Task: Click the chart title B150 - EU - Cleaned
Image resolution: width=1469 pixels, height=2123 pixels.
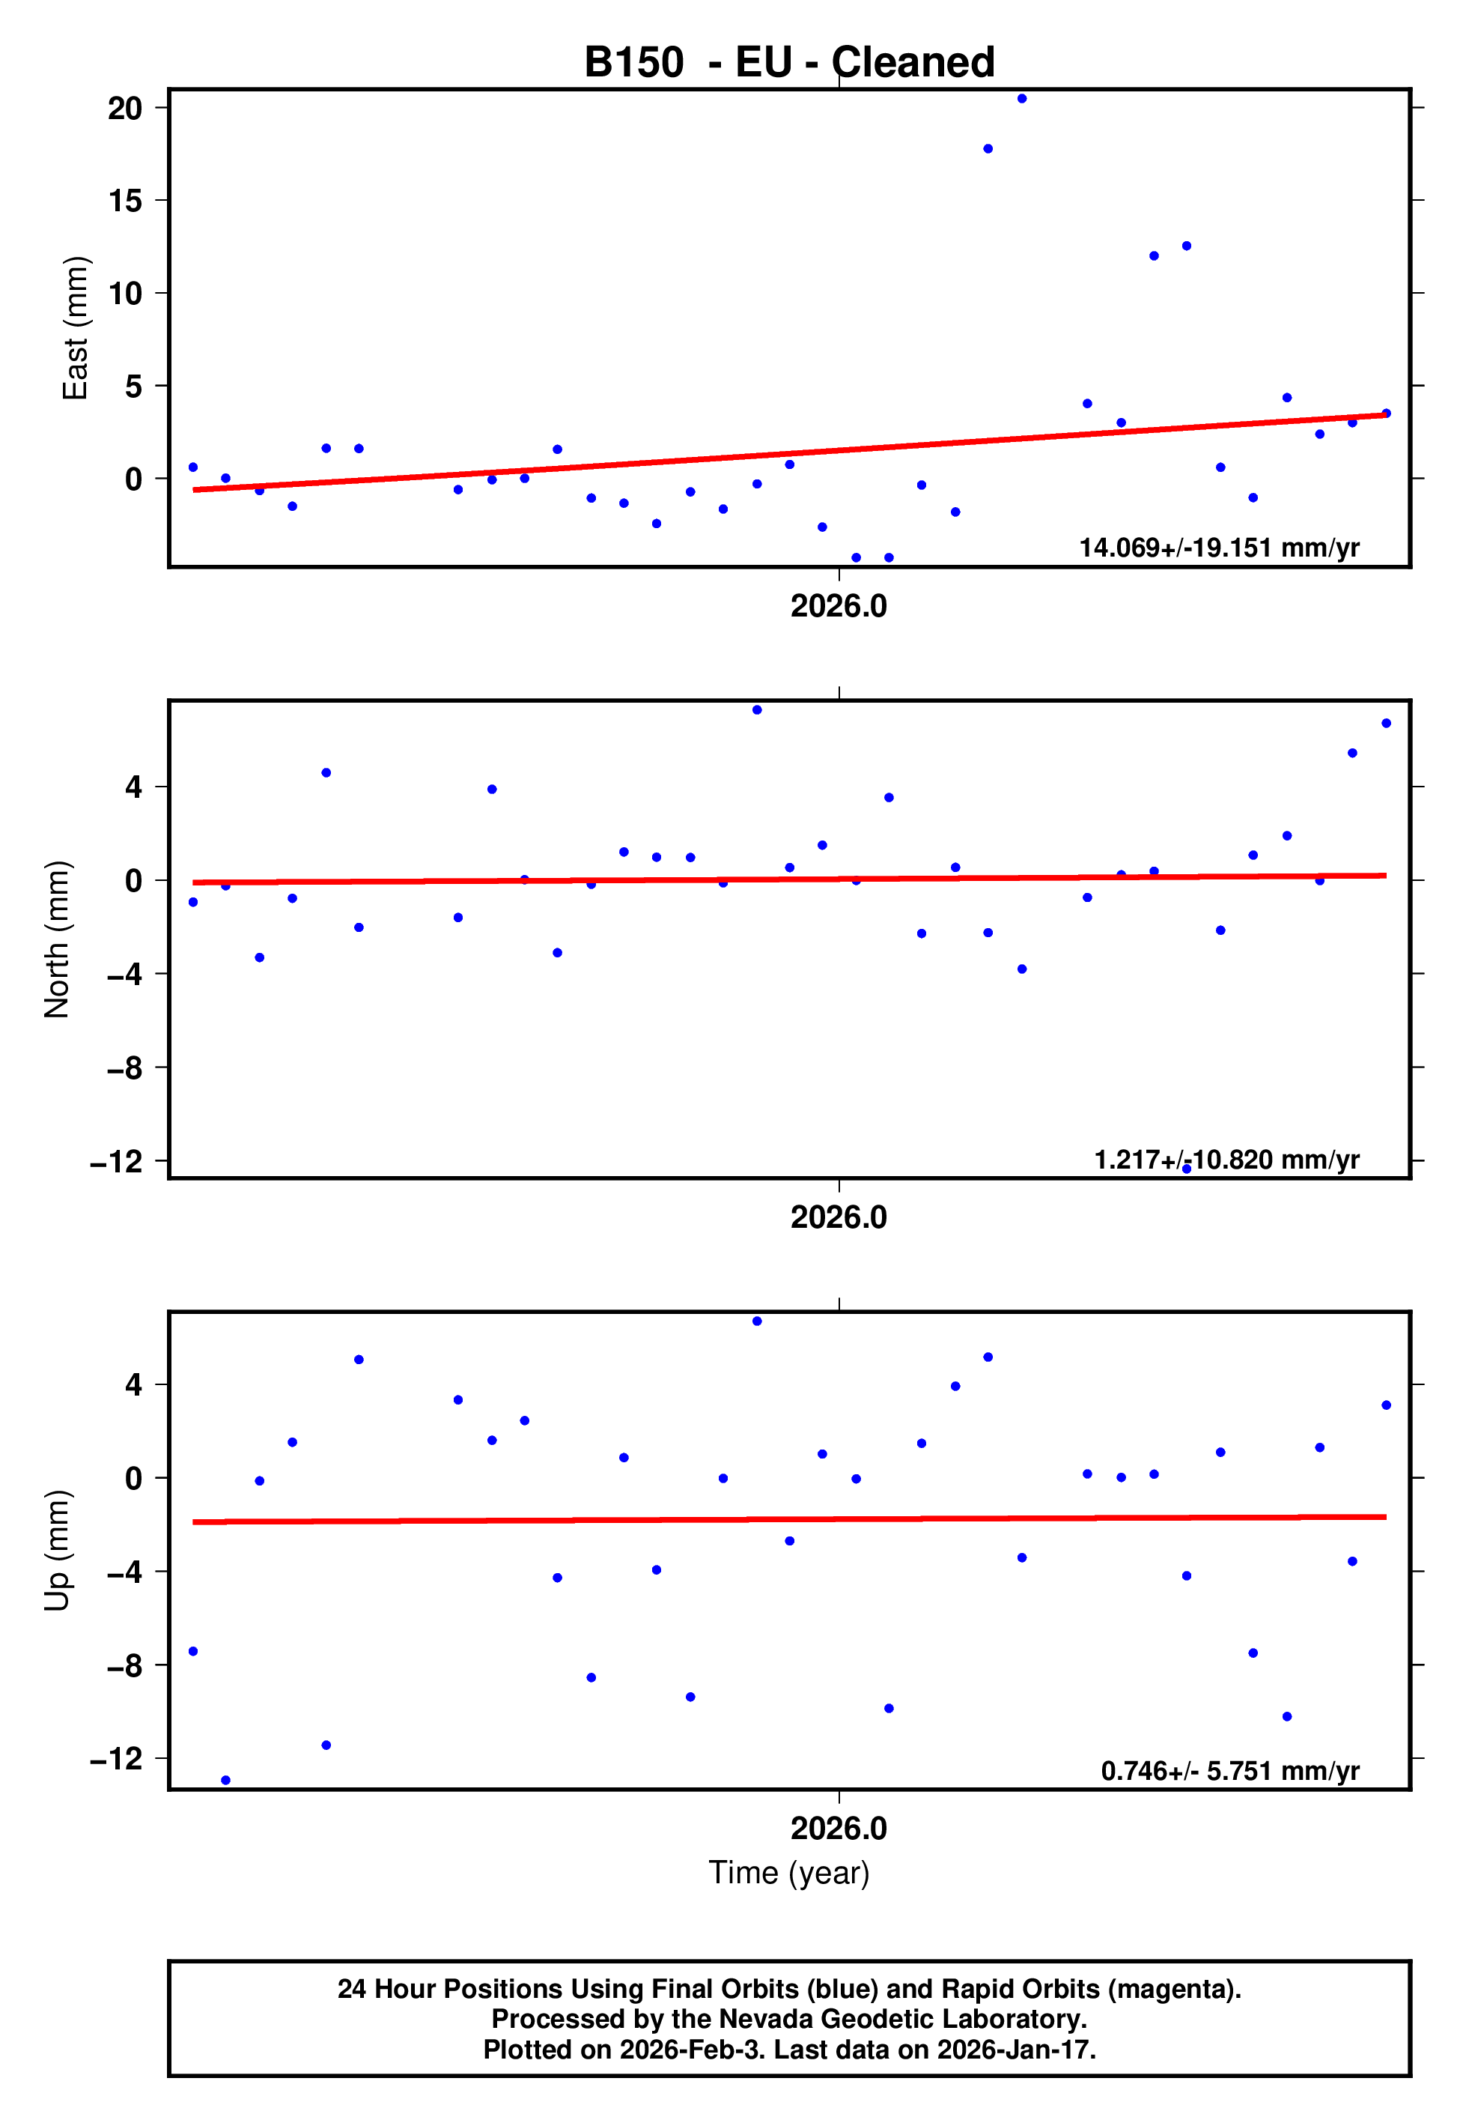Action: pos(789,63)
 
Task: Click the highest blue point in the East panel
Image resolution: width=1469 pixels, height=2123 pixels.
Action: pos(1022,98)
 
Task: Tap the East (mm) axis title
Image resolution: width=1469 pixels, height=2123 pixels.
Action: pos(76,328)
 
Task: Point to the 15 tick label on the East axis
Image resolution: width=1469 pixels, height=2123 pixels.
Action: pos(125,201)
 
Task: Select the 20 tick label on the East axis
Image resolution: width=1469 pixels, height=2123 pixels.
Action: pos(125,108)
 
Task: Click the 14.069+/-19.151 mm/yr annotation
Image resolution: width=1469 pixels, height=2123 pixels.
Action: pos(1219,548)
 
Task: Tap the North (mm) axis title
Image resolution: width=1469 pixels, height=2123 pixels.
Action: pos(57,939)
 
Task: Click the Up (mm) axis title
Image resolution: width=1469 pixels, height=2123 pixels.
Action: pos(57,1551)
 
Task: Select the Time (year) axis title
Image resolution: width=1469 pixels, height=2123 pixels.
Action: pos(789,1873)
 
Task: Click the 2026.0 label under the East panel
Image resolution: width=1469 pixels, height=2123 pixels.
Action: pos(839,606)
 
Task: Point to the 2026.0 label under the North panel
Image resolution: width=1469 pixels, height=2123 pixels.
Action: pos(839,1217)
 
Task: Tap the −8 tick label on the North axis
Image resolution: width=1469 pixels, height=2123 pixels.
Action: pos(125,1068)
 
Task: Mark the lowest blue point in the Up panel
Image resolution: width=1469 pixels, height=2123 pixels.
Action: pos(225,1781)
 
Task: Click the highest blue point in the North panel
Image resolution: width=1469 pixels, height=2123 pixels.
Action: pos(757,710)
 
